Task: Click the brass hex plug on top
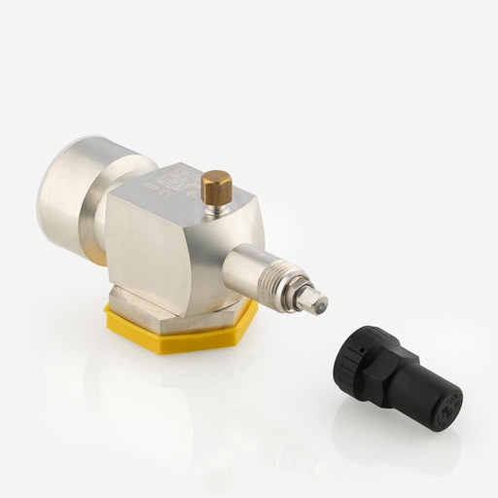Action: pyautogui.click(x=216, y=187)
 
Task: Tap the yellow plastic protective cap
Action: pyautogui.click(x=185, y=331)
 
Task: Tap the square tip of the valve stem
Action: pyautogui.click(x=313, y=302)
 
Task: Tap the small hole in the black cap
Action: pyautogui.click(x=362, y=346)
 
